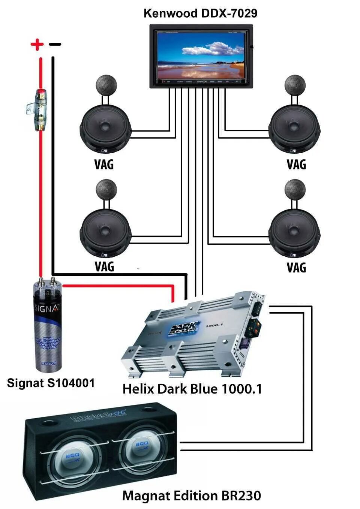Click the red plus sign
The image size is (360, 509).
pyautogui.click(x=37, y=45)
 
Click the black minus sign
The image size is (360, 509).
pyautogui.click(x=55, y=45)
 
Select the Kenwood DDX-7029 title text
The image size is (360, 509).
pyautogui.click(x=200, y=13)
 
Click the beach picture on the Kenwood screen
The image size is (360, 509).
pyautogui.click(x=201, y=55)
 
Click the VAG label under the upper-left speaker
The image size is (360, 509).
pyautogui.click(x=104, y=165)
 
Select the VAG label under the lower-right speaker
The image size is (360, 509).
pyautogui.click(x=296, y=268)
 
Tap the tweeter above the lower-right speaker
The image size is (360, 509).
pyautogui.click(x=295, y=190)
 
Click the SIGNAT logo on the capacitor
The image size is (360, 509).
pyautogui.click(x=47, y=308)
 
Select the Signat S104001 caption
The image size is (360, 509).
pyautogui.click(x=51, y=383)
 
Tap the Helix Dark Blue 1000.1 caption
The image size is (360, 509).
pyautogui.click(x=192, y=389)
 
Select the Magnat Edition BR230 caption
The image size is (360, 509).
pyautogui.click(x=191, y=496)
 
